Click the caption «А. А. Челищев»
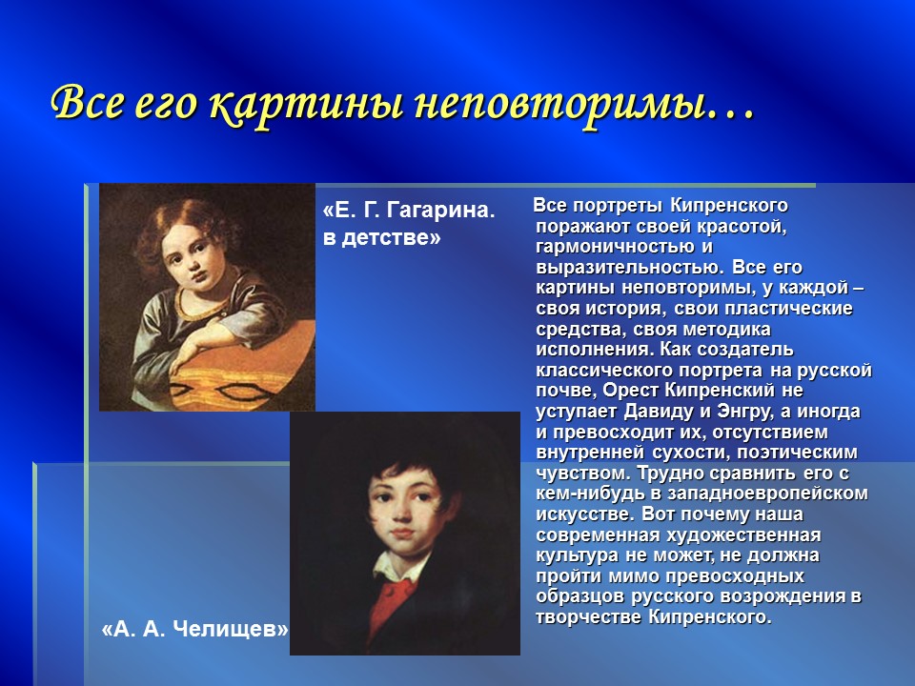click(x=194, y=630)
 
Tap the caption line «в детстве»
click(x=382, y=238)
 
